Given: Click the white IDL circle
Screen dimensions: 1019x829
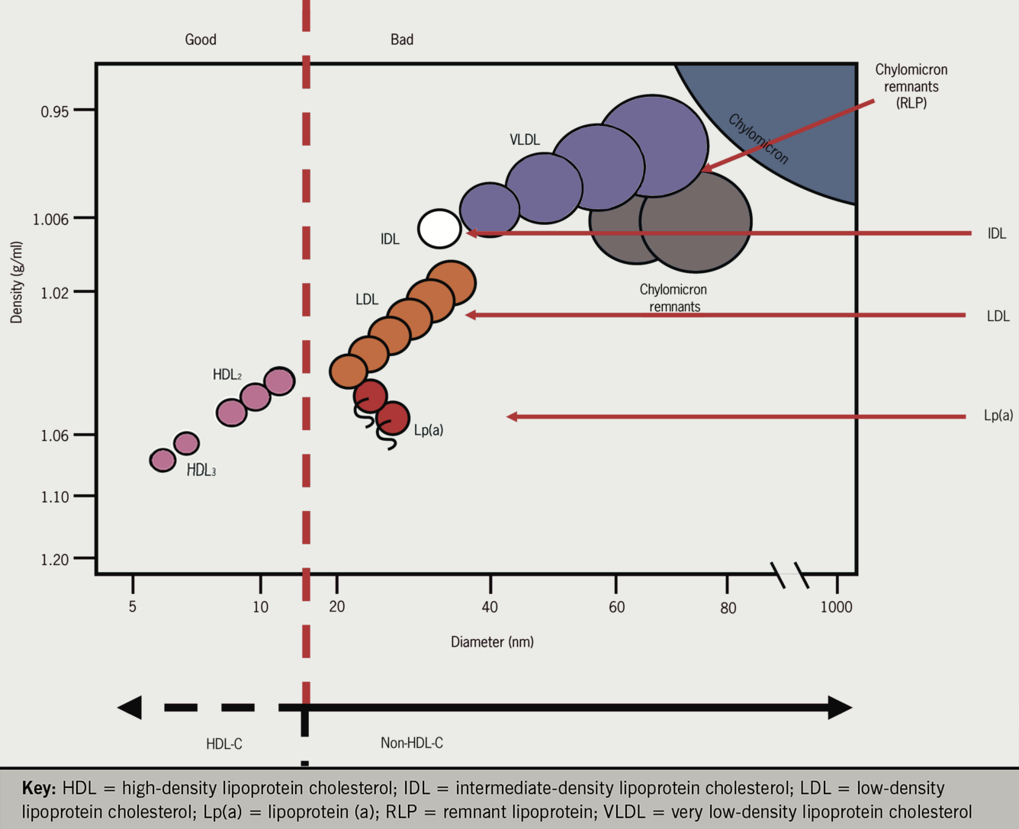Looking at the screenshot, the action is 439,229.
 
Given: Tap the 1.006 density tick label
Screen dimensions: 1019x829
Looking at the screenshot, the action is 50,219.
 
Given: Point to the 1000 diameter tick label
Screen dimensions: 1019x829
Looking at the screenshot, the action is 836,607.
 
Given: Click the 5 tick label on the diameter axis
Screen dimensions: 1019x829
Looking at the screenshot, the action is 133,606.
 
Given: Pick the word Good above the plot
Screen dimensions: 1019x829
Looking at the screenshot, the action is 201,39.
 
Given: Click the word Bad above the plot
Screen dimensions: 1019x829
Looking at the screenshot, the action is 402,39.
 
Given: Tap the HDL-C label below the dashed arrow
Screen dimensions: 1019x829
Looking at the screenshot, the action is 224,744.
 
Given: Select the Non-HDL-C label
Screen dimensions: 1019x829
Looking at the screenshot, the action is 412,743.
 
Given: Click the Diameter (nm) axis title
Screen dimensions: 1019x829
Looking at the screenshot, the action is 492,642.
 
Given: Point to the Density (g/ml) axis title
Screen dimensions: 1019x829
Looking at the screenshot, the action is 16,282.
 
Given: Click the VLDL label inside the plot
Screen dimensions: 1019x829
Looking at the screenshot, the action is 525,140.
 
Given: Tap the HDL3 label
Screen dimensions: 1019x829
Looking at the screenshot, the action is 201,471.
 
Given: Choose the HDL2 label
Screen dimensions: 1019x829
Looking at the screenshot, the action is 227,374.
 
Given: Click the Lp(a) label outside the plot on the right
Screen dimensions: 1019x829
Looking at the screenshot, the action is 998,415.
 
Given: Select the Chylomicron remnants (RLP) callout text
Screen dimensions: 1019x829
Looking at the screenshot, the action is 911,86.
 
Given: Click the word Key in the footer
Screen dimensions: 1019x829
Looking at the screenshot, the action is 39,788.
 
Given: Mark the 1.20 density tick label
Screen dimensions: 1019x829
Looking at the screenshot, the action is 55,560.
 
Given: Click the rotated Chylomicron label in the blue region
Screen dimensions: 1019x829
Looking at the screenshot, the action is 758,140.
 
